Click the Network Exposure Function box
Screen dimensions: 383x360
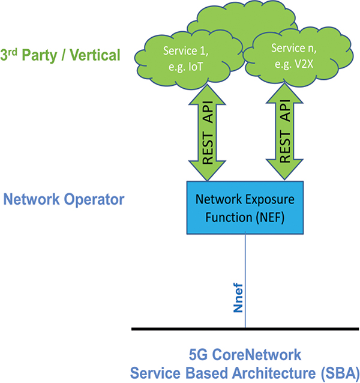coord(245,207)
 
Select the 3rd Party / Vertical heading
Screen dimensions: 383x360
coord(61,56)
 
